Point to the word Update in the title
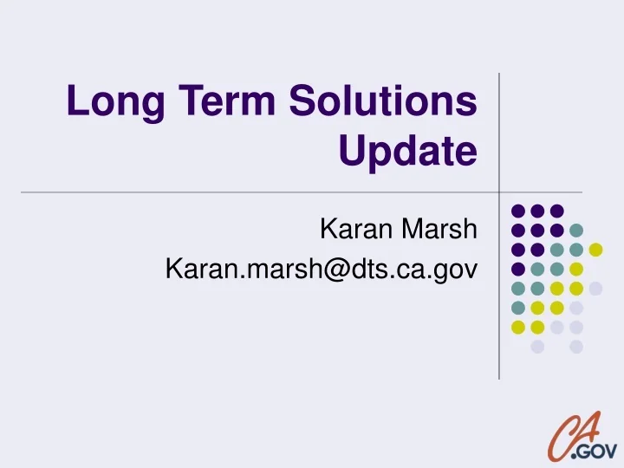click(408, 154)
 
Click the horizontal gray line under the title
click(260, 192)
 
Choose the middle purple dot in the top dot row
click(537, 211)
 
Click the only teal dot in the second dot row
click(576, 231)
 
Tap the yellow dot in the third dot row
click(595, 250)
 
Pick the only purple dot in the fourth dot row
click(518, 269)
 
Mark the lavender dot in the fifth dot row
click(595, 288)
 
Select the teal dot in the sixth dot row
click(518, 308)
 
